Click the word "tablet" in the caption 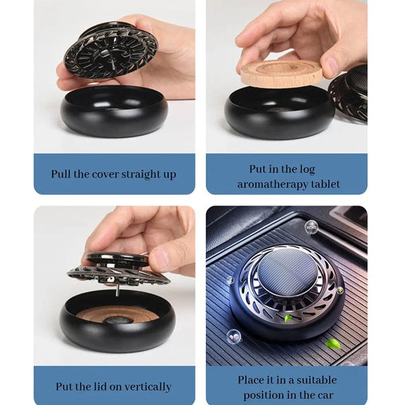325,184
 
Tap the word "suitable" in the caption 317,380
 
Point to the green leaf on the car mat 331,344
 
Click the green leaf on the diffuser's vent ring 288,318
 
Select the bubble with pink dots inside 234,336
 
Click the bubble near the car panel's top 310,227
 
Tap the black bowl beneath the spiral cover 114,111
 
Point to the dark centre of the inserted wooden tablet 114,320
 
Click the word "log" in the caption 307,169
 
